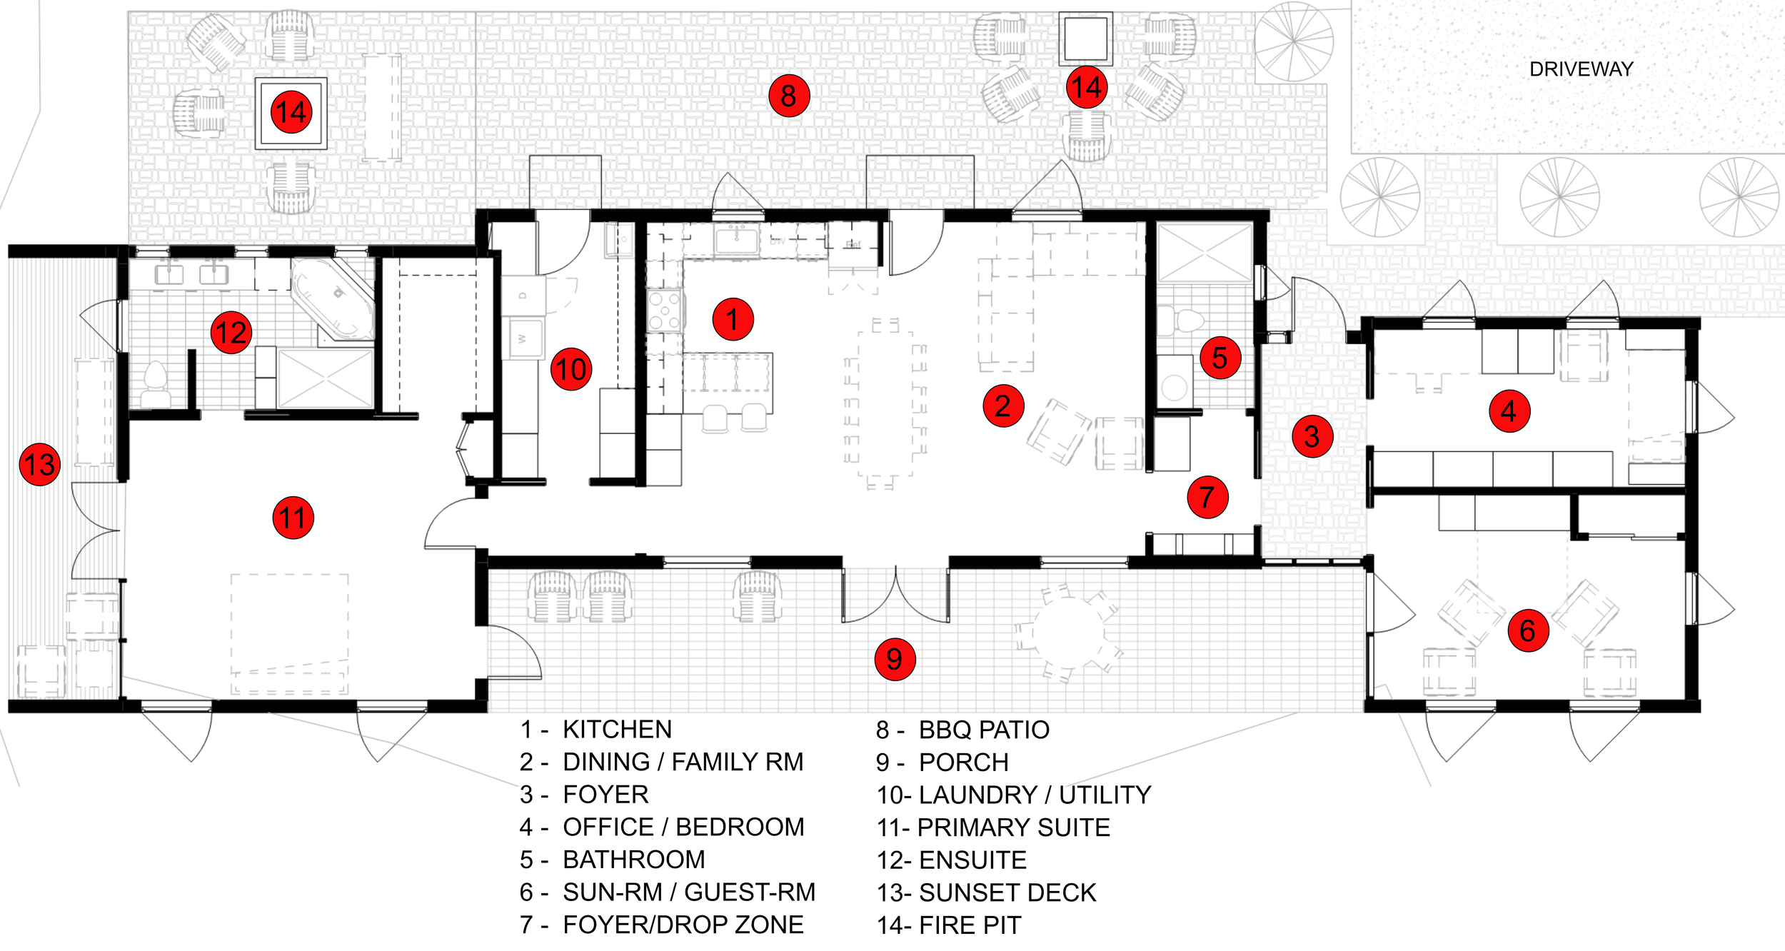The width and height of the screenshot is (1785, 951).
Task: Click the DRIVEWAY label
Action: coord(1581,69)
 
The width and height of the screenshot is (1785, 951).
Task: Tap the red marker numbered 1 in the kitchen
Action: coord(733,319)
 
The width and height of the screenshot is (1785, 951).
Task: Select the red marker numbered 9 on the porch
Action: coord(894,659)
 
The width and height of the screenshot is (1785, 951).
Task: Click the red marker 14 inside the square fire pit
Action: coord(291,113)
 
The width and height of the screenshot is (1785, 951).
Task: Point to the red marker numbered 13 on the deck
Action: coord(39,465)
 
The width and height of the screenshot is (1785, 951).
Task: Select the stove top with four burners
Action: coord(665,310)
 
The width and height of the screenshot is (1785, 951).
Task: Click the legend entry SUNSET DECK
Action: coord(1007,892)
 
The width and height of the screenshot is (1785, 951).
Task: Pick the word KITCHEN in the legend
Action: coord(617,730)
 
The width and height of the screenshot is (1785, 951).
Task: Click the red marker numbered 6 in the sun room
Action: coord(1527,630)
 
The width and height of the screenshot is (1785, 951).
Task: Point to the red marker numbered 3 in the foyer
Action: coord(1312,436)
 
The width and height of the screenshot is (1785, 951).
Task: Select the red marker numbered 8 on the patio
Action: coord(788,96)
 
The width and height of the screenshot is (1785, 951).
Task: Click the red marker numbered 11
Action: coord(293,518)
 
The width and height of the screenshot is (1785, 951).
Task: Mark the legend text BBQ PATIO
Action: coord(983,730)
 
